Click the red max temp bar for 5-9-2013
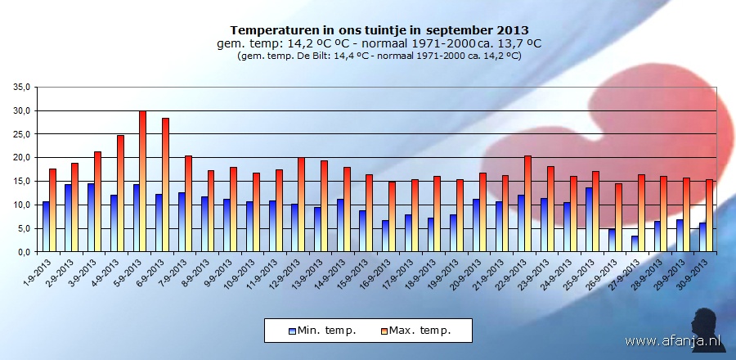142,182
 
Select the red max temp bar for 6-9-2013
165,185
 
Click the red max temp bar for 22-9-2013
527,204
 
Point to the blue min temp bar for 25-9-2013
589,220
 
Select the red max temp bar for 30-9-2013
709,216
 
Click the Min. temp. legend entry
322,331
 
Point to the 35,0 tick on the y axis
21,87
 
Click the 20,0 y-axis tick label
21,157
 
